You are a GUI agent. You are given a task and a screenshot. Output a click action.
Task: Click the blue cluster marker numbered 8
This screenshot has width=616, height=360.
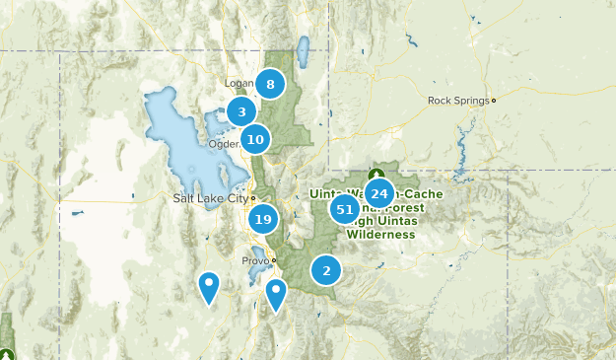270,84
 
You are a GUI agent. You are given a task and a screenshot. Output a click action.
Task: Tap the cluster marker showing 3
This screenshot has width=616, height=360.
241,112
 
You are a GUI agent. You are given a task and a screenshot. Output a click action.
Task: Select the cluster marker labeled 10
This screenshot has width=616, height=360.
255,139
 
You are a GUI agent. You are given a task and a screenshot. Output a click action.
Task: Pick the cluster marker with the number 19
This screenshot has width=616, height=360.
262,219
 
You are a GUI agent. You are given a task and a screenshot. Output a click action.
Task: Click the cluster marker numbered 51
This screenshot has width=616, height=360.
345,208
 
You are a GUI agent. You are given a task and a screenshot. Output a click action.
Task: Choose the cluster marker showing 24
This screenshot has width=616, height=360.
379,193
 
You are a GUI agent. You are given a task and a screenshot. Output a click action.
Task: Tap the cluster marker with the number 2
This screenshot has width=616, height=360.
326,269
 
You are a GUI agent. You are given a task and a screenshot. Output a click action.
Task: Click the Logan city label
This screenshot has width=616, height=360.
240,84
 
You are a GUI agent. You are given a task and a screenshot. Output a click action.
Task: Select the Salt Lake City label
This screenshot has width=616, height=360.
210,198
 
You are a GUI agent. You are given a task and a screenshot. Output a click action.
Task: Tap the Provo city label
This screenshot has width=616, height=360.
254,260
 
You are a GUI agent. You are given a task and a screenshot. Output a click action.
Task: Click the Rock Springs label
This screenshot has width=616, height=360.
458,100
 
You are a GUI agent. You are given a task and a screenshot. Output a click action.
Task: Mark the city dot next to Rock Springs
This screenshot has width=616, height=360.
494,100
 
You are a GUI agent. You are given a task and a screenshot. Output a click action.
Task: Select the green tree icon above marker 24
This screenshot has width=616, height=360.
374,174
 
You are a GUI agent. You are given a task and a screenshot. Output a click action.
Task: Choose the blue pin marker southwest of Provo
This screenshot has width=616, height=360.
209,286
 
